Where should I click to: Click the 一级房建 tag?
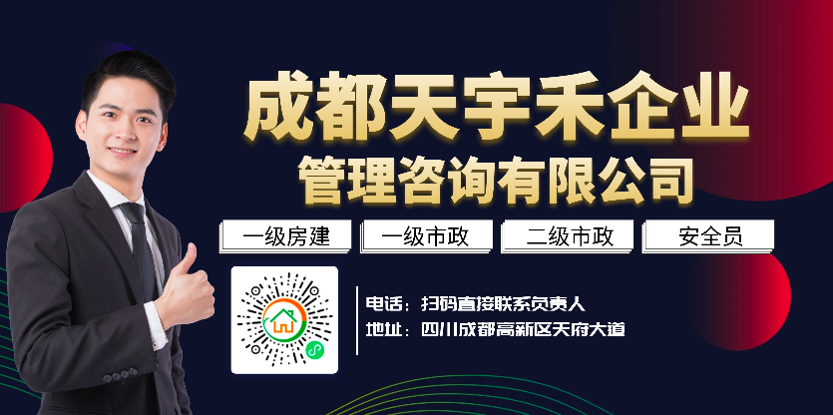pyautogui.click(x=285, y=235)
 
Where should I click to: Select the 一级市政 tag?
pyautogui.click(x=426, y=235)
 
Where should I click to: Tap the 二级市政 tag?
pyautogui.click(x=568, y=235)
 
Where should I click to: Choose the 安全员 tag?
pyautogui.click(x=708, y=235)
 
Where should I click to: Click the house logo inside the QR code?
pyautogui.click(x=284, y=320)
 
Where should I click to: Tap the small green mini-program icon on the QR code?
pyautogui.click(x=314, y=349)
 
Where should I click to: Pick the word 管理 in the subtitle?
pyautogui.click(x=346, y=181)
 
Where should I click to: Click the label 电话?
pyautogui.click(x=381, y=304)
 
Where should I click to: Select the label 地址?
pyautogui.click(x=381, y=330)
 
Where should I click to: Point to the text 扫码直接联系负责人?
pyautogui.click(x=503, y=304)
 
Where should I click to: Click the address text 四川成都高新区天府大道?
pyautogui.click(x=523, y=330)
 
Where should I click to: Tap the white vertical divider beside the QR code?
pyautogui.click(x=357, y=320)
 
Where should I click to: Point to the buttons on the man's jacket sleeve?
pyautogui.click(x=120, y=376)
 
